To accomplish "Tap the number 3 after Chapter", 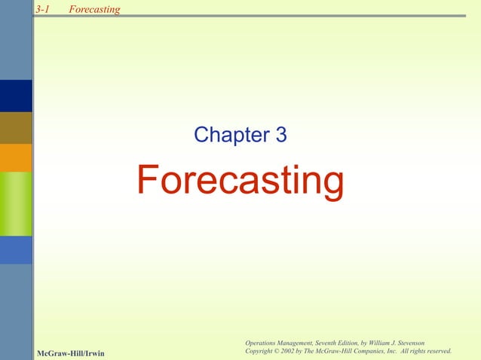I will coord(280,136).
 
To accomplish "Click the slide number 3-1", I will coord(42,9).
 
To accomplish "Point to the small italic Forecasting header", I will coord(93,9).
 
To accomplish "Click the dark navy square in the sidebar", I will coord(16,96).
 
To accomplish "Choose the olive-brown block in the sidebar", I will coord(16,127).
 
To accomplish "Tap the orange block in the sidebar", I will coord(16,158).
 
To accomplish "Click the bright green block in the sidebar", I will coord(16,203).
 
